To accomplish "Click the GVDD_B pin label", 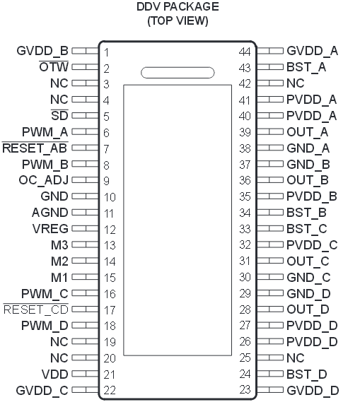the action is [42, 51].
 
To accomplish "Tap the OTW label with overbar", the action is [54, 67].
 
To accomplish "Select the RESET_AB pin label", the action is [35, 148].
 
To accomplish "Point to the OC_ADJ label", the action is [44, 180].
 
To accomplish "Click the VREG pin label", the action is [50, 229].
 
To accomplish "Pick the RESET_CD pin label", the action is [35, 309].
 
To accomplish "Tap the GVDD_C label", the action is [42, 391].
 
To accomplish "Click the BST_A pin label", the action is [306, 67].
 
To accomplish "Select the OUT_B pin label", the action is [308, 180].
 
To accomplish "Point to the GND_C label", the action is [308, 278].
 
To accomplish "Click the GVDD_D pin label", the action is [313, 391].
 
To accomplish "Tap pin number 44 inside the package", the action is [245, 52].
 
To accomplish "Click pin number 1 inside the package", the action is [107, 53].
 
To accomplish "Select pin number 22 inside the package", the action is [110, 391].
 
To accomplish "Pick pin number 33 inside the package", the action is [245, 229].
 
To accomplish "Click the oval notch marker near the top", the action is [178, 73].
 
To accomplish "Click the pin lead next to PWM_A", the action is [85, 131].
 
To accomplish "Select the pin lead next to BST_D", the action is [270, 374].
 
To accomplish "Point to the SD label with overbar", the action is [59, 115].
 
